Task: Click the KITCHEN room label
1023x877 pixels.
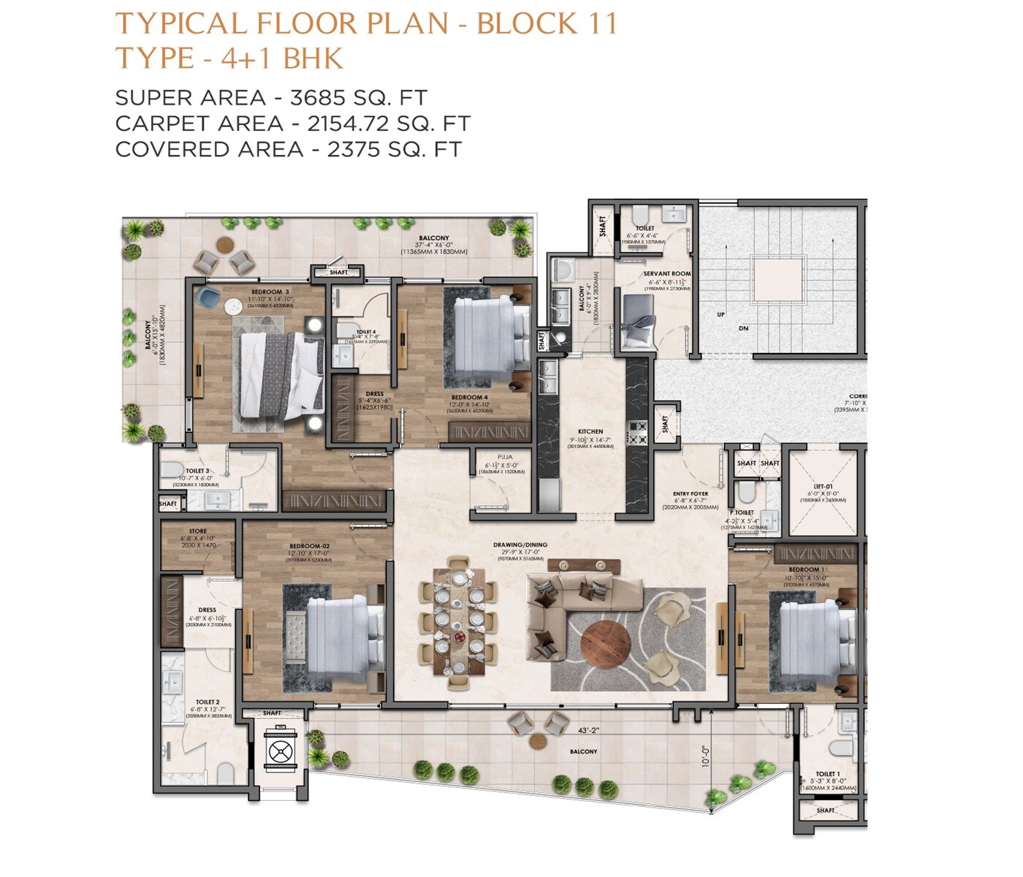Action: pyautogui.click(x=590, y=431)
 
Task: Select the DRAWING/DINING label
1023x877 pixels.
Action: pyautogui.click(x=520, y=544)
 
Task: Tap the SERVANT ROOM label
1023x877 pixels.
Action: pyautogui.click(x=666, y=273)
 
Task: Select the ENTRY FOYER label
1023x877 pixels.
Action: pyautogui.click(x=691, y=494)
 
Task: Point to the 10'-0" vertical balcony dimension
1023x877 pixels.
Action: pyautogui.click(x=706, y=756)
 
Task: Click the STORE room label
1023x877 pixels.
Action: pyautogui.click(x=197, y=531)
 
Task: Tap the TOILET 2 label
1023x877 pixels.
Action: pyautogui.click(x=208, y=702)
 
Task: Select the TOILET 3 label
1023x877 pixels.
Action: pyautogui.click(x=197, y=471)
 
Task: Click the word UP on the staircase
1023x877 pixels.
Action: pyautogui.click(x=721, y=314)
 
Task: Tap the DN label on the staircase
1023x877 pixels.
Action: pyautogui.click(x=743, y=329)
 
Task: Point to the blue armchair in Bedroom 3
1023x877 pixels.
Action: pyautogui.click(x=209, y=296)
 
